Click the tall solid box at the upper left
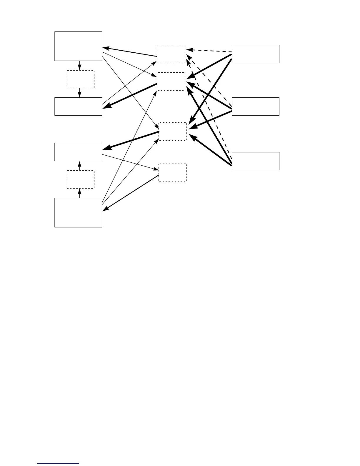(x=78, y=46)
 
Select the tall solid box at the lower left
(x=78, y=212)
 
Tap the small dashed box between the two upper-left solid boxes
(x=80, y=79)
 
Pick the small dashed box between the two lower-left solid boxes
(x=80, y=179)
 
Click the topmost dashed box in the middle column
(x=171, y=54)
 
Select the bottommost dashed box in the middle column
(x=173, y=173)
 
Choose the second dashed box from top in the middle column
(x=171, y=81)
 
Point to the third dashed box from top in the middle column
(x=173, y=132)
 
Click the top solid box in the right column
(x=255, y=54)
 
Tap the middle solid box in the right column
(x=255, y=106)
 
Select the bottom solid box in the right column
(x=255, y=161)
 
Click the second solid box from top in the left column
(x=78, y=106)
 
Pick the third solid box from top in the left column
(x=78, y=152)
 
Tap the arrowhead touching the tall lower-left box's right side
(x=105, y=209)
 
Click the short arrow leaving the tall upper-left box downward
(x=79, y=66)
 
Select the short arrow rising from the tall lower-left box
(x=79, y=193)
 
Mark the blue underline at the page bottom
(x=59, y=464)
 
